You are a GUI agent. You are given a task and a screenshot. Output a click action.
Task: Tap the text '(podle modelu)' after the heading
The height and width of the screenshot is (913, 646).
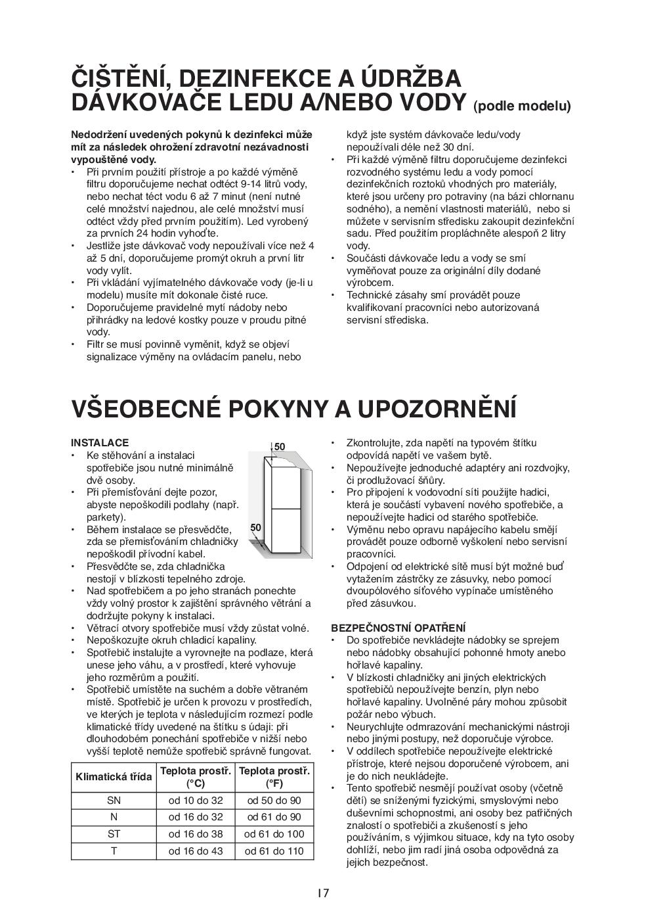pyautogui.click(x=522, y=106)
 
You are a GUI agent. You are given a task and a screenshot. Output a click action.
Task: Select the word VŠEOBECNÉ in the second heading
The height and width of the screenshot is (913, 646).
pyautogui.click(x=148, y=408)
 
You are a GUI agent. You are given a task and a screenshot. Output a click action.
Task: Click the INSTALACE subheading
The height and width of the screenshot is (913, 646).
pyautogui.click(x=100, y=443)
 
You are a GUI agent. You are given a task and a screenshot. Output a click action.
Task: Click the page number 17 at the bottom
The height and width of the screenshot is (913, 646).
pyautogui.click(x=322, y=893)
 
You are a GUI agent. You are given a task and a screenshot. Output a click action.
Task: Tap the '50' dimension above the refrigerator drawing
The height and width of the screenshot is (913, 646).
pyautogui.click(x=280, y=447)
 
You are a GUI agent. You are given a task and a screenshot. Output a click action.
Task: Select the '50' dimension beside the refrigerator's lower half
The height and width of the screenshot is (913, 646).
pyautogui.click(x=256, y=528)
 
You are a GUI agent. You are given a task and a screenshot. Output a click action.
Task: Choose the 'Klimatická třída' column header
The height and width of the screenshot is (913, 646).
pyautogui.click(x=114, y=777)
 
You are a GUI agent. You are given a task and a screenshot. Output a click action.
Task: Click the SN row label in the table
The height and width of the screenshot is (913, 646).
pyautogui.click(x=114, y=801)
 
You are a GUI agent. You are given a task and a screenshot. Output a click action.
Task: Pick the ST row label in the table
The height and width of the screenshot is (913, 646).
pyautogui.click(x=114, y=834)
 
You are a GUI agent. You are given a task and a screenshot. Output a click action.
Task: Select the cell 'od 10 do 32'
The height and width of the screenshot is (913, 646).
pyautogui.click(x=196, y=801)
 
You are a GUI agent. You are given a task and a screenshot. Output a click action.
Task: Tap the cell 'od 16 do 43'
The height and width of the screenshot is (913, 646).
pyautogui.click(x=196, y=851)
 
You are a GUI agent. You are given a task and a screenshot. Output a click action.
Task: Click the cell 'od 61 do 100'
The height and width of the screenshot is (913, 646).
pyautogui.click(x=274, y=834)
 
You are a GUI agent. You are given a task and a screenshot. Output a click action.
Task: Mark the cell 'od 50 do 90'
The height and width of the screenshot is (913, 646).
pyautogui.click(x=274, y=801)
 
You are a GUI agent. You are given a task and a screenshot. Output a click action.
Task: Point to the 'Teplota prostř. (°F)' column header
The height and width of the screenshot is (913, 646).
pyautogui.click(x=274, y=777)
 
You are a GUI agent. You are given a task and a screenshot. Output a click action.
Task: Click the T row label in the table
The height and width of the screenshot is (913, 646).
pyautogui.click(x=114, y=851)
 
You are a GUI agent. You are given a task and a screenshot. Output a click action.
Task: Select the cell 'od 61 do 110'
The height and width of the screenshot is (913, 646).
pyautogui.click(x=274, y=851)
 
